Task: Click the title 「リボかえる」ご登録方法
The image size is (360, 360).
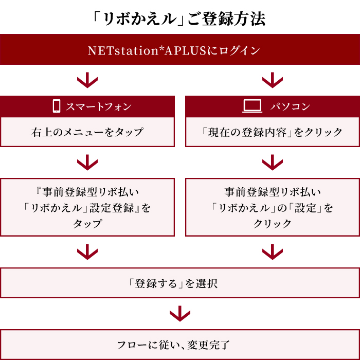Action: coord(178,19)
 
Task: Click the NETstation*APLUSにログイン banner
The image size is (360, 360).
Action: coord(180,49)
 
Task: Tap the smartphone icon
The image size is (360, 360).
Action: coord(57,106)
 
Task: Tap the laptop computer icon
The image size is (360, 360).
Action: coord(252,106)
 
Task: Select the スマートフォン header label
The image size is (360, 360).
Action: coord(99,107)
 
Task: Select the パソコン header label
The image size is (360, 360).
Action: coord(290,106)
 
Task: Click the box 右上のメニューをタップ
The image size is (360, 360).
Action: coord(87,132)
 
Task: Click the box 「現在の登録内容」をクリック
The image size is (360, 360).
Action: coord(273,132)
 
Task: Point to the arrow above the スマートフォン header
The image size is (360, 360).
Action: coord(87,80)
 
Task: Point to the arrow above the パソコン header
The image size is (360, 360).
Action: coord(273,80)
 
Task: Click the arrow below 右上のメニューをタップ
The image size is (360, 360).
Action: coord(87,163)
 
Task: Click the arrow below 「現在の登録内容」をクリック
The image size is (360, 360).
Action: coord(273,163)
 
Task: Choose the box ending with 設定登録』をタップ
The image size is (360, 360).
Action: coord(87,207)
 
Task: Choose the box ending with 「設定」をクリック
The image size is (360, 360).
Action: coord(273,207)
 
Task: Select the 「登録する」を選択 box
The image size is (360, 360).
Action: coord(180,283)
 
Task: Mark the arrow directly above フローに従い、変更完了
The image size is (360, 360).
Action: coord(180,313)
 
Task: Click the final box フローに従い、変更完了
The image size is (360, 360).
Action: coord(180,345)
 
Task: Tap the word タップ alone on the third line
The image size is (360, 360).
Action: coord(87,224)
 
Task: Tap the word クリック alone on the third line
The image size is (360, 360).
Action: coord(273,223)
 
